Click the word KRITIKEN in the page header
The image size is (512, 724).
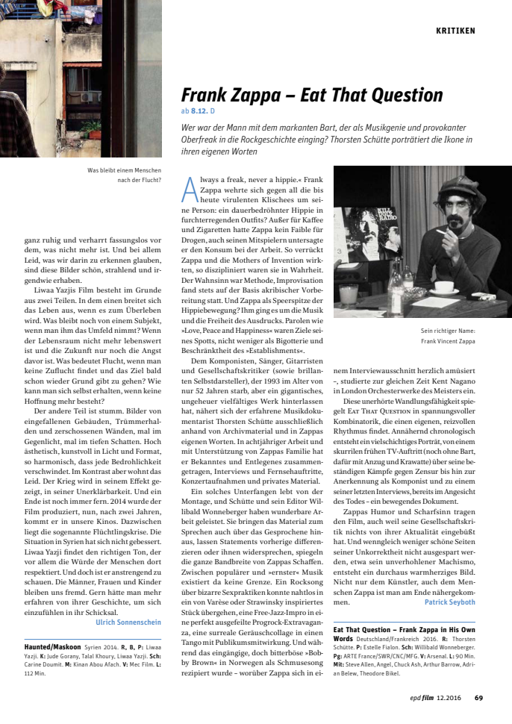(455, 31)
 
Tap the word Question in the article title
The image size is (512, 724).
(402, 96)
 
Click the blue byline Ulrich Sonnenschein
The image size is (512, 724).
(128, 621)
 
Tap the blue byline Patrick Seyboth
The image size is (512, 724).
(449, 602)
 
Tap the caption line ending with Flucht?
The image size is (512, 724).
(140, 179)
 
